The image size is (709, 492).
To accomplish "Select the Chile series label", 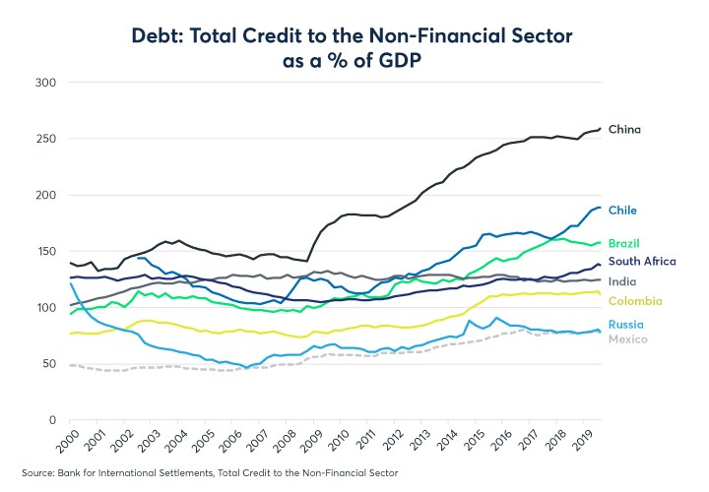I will pos(622,209).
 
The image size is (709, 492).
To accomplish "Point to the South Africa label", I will pos(642,261).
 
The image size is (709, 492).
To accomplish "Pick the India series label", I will pos(621,281).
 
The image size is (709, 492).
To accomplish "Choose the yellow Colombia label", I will pos(635,301).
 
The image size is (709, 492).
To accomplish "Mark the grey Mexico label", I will pos(627,339).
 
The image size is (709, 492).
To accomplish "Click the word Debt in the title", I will pos(163,35).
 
